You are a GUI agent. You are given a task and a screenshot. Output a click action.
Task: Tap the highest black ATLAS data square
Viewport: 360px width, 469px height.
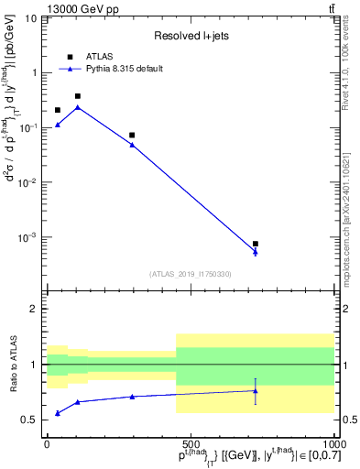click(x=78, y=96)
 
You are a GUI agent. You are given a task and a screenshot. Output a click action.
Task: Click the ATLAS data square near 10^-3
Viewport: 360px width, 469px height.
click(x=256, y=244)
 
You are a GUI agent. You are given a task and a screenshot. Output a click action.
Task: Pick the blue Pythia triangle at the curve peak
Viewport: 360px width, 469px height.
click(x=78, y=107)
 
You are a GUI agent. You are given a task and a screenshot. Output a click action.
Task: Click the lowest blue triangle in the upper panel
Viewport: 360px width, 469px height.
click(x=256, y=252)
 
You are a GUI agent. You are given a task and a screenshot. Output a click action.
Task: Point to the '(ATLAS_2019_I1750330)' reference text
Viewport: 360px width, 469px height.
click(x=190, y=274)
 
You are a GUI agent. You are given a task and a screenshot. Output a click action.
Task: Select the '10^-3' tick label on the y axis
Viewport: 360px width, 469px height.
click(x=27, y=237)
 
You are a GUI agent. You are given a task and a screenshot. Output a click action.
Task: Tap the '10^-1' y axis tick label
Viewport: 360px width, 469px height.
click(x=27, y=127)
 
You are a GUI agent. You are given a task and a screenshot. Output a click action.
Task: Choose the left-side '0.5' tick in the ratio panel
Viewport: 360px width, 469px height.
click(x=29, y=420)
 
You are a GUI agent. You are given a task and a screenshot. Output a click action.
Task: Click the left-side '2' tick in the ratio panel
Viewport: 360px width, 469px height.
click(x=35, y=309)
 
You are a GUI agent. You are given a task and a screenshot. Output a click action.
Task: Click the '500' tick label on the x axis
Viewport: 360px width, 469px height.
click(x=190, y=442)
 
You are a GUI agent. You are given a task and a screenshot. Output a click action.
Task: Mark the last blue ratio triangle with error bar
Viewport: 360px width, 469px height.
click(x=256, y=391)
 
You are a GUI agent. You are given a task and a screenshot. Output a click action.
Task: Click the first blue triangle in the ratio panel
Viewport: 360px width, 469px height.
click(x=58, y=413)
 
